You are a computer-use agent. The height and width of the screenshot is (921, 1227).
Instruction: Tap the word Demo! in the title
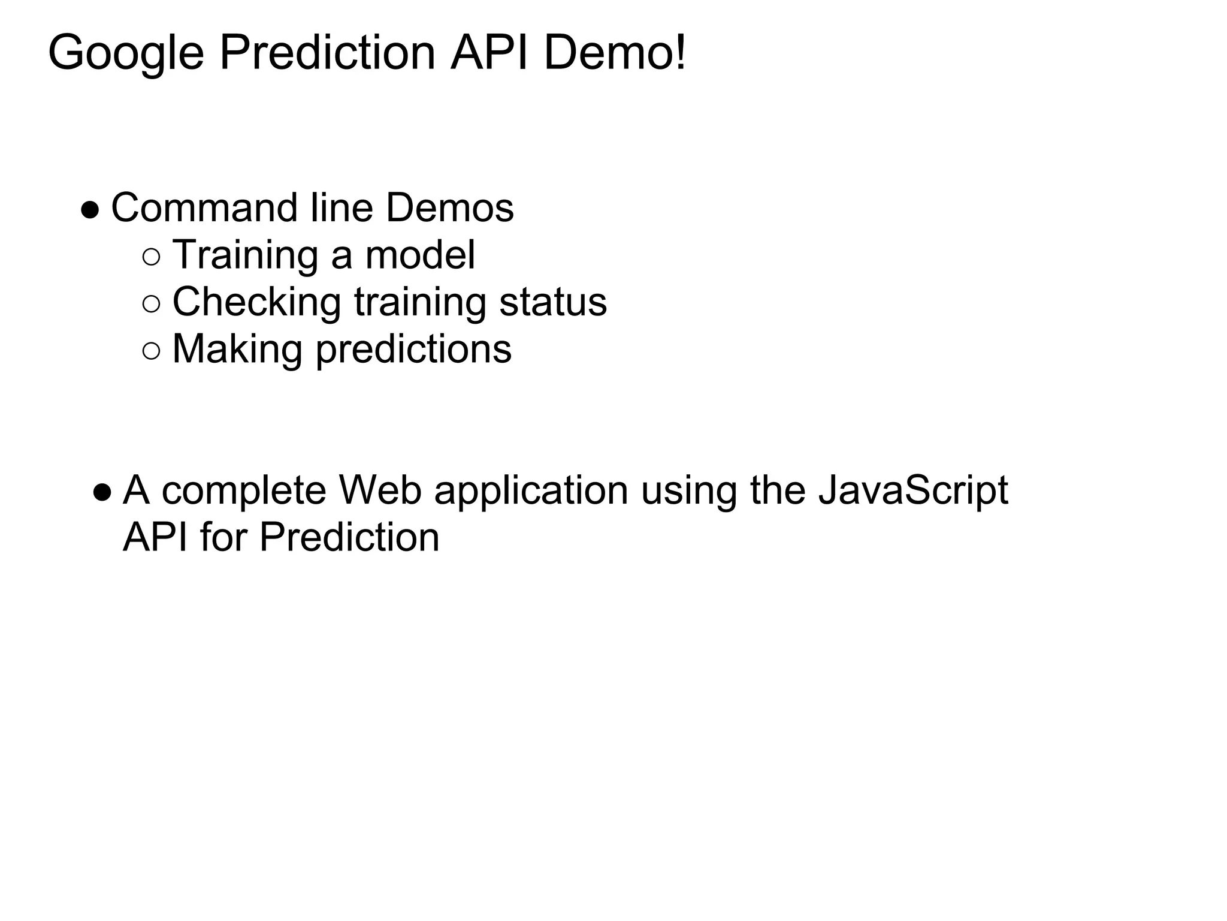tap(615, 53)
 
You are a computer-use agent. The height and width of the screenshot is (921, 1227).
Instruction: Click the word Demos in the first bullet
tap(449, 208)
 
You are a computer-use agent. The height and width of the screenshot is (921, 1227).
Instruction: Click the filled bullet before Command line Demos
tap(90, 210)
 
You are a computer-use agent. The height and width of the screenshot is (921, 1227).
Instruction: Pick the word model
tap(420, 255)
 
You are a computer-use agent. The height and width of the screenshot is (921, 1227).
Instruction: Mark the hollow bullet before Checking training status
tap(152, 305)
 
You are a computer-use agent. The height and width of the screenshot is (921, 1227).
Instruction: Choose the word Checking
tap(256, 303)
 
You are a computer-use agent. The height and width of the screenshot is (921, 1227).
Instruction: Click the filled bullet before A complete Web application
tap(102, 493)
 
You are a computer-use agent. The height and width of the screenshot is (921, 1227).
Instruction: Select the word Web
tap(380, 490)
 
